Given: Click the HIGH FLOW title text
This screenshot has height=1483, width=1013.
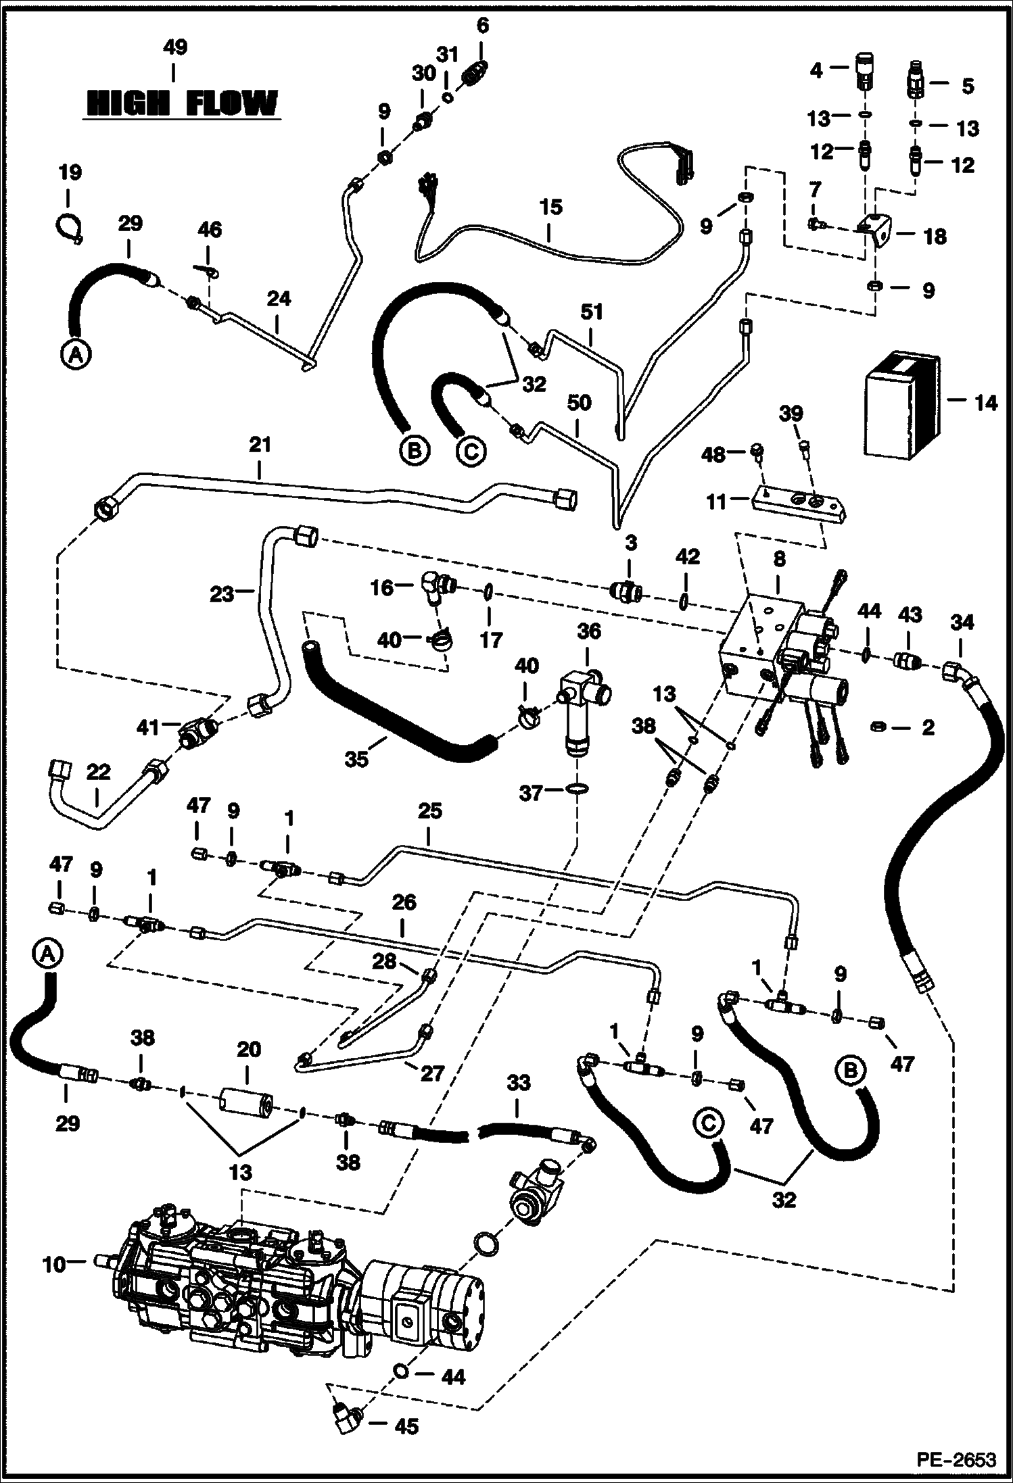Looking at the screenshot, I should tap(182, 104).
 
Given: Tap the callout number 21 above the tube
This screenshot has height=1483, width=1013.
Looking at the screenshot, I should tap(260, 445).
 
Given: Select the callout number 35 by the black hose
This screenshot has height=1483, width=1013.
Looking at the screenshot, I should tap(356, 759).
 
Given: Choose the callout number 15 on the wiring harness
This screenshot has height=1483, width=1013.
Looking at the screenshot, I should tap(550, 208).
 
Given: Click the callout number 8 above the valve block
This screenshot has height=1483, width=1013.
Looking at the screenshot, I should tap(779, 559).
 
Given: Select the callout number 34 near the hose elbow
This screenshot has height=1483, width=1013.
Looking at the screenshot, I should tap(962, 623).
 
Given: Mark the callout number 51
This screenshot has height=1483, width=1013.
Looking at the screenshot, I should tap(591, 312).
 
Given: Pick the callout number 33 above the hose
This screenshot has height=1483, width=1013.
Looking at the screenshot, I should tap(519, 1084).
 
